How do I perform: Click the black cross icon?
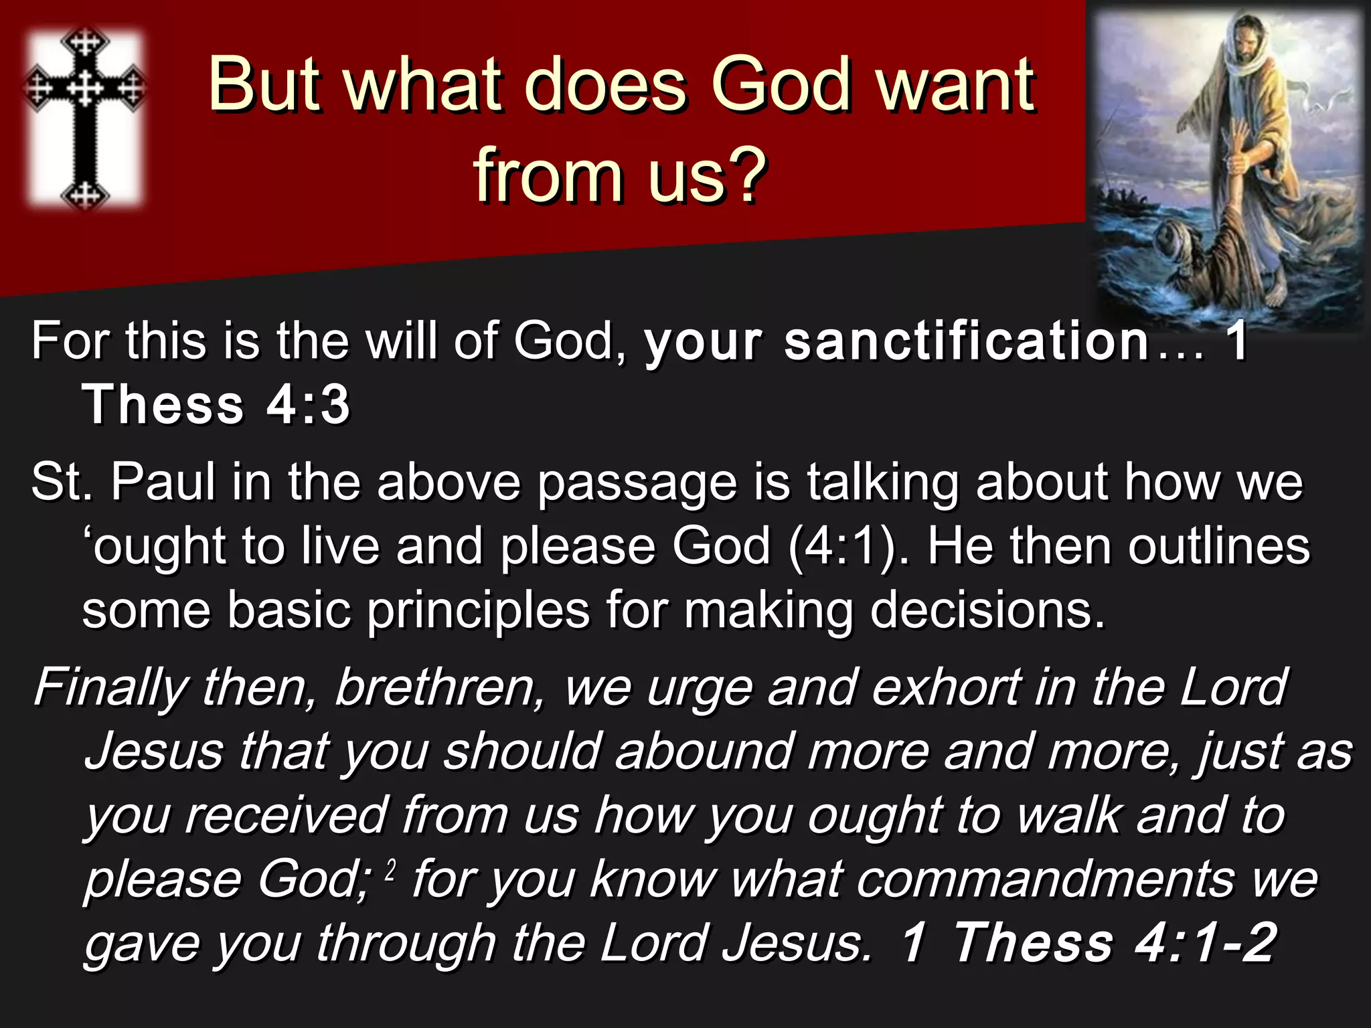pyautogui.click(x=85, y=117)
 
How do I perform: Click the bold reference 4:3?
pyautogui.click(x=308, y=405)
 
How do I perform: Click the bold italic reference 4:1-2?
pyautogui.click(x=1205, y=943)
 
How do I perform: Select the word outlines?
pyautogui.click(x=1218, y=546)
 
